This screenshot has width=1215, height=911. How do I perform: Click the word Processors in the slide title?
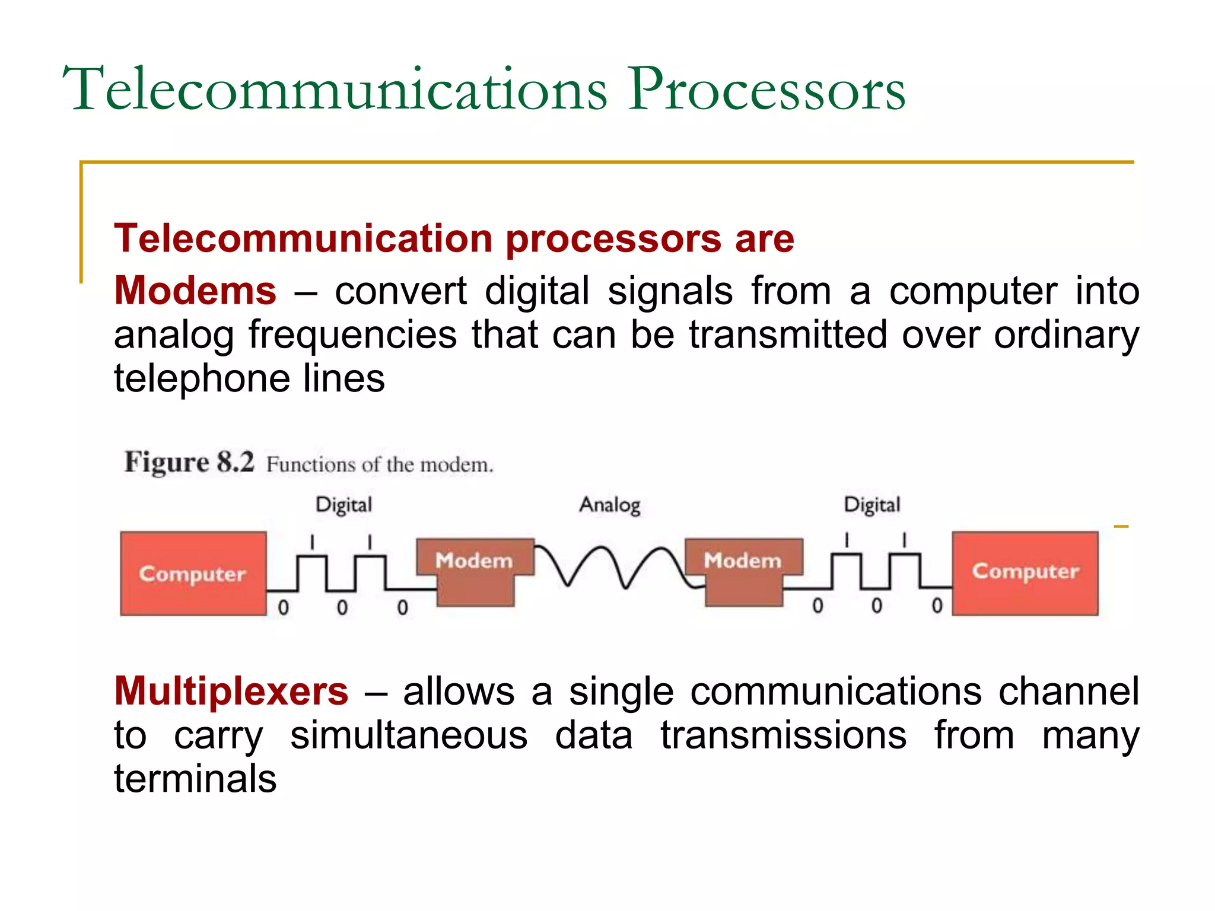766,90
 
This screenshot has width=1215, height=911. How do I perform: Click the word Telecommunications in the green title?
335,90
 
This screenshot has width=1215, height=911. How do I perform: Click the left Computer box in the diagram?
193,574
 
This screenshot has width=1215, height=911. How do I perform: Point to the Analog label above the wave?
610,505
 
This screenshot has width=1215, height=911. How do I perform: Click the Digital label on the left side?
343,505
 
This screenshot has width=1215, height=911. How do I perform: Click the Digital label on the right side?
872,505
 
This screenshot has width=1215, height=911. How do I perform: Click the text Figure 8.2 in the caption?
189,462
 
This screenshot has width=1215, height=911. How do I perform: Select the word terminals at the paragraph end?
195,779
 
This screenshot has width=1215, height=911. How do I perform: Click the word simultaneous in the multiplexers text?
408,735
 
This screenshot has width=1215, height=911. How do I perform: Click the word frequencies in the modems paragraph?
352,335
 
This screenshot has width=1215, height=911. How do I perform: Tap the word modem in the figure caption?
456,465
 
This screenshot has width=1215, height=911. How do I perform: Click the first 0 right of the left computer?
284,607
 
